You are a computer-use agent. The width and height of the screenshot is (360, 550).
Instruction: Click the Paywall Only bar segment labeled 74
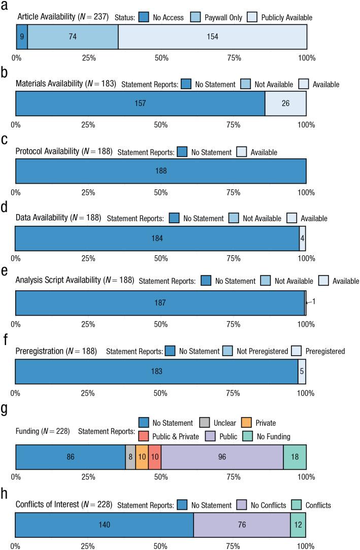tap(73, 37)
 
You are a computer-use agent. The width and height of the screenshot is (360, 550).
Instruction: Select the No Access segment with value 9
tap(22, 37)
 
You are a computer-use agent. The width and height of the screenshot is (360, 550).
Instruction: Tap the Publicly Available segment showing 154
tap(212, 37)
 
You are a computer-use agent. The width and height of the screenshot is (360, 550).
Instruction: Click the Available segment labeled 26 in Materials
tap(285, 104)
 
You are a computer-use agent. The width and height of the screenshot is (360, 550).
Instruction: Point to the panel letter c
tap(4, 140)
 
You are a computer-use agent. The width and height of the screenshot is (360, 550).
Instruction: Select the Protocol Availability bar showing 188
tap(160, 170)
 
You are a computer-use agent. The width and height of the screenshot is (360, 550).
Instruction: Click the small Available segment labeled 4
tap(303, 237)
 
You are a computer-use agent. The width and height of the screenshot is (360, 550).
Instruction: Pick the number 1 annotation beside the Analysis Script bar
tap(314, 301)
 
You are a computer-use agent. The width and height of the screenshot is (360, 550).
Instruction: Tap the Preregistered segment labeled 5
tap(302, 371)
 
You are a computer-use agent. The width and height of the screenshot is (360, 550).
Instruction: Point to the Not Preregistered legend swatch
tap(228, 351)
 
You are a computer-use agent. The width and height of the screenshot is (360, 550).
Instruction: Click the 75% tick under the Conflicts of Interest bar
tap(233, 546)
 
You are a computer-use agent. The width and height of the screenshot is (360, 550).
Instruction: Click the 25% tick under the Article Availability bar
tap(89, 58)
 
